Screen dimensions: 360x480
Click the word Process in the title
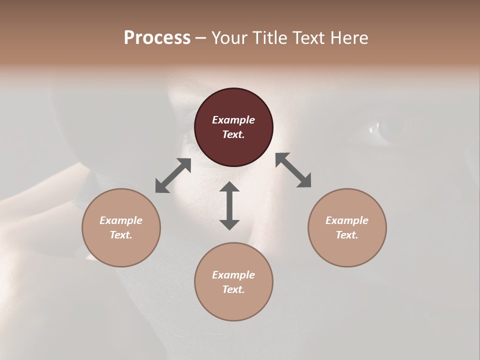click(x=157, y=38)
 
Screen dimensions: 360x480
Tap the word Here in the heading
click(x=348, y=38)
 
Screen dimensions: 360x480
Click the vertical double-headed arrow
click(x=229, y=205)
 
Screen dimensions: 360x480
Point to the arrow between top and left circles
click(x=173, y=175)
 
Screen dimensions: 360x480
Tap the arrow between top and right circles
click(x=293, y=170)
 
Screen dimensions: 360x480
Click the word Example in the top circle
click(x=233, y=120)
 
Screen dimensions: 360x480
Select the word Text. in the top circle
click(x=233, y=134)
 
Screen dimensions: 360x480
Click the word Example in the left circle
click(x=121, y=220)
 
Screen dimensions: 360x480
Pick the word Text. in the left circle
click(x=121, y=235)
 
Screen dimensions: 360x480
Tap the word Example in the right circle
click(x=347, y=220)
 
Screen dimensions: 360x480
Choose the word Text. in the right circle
click(x=347, y=235)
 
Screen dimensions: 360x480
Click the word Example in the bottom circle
click(x=233, y=275)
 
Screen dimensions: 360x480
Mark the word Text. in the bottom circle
click(x=233, y=289)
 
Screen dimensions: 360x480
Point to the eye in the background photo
click(x=387, y=127)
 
